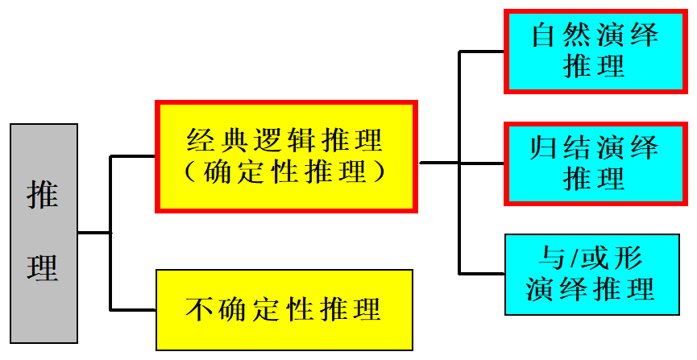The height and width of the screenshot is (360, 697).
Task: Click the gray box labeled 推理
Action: click(x=44, y=234)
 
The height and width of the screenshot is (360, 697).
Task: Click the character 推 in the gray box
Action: click(x=43, y=194)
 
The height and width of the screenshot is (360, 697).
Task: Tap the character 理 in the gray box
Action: click(x=43, y=267)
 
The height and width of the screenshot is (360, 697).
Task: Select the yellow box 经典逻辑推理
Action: click(x=286, y=156)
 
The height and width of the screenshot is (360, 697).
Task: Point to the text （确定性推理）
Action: click(x=285, y=171)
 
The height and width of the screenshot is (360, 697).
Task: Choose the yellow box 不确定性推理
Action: click(x=284, y=309)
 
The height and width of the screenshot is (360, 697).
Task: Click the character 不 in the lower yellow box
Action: click(x=199, y=309)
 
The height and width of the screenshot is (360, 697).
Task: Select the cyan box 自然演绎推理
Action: click(x=595, y=51)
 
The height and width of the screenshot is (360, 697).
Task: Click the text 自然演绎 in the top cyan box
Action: click(x=595, y=35)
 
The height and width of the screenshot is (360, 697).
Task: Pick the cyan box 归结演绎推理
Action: click(x=595, y=163)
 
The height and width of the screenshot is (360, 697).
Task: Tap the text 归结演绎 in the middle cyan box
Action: click(x=595, y=147)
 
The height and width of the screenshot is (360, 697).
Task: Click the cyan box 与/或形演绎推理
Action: click(x=591, y=274)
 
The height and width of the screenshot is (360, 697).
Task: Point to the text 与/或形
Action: click(x=591, y=259)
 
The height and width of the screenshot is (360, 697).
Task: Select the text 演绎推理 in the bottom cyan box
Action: click(x=591, y=289)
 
